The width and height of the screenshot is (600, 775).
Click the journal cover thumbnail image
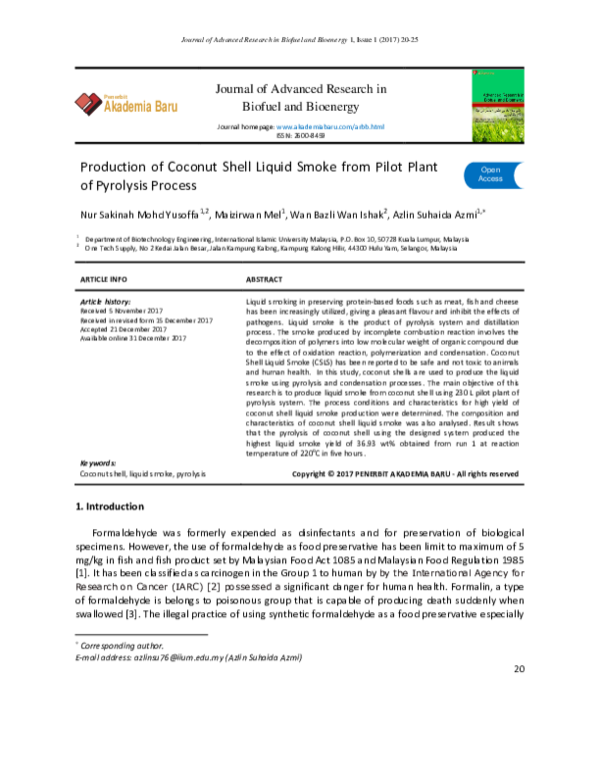tap(496, 103)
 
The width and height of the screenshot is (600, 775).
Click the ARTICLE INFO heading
tap(103, 279)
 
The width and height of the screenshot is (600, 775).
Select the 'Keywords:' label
tap(98, 462)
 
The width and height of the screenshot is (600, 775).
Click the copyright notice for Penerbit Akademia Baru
tap(404, 472)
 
